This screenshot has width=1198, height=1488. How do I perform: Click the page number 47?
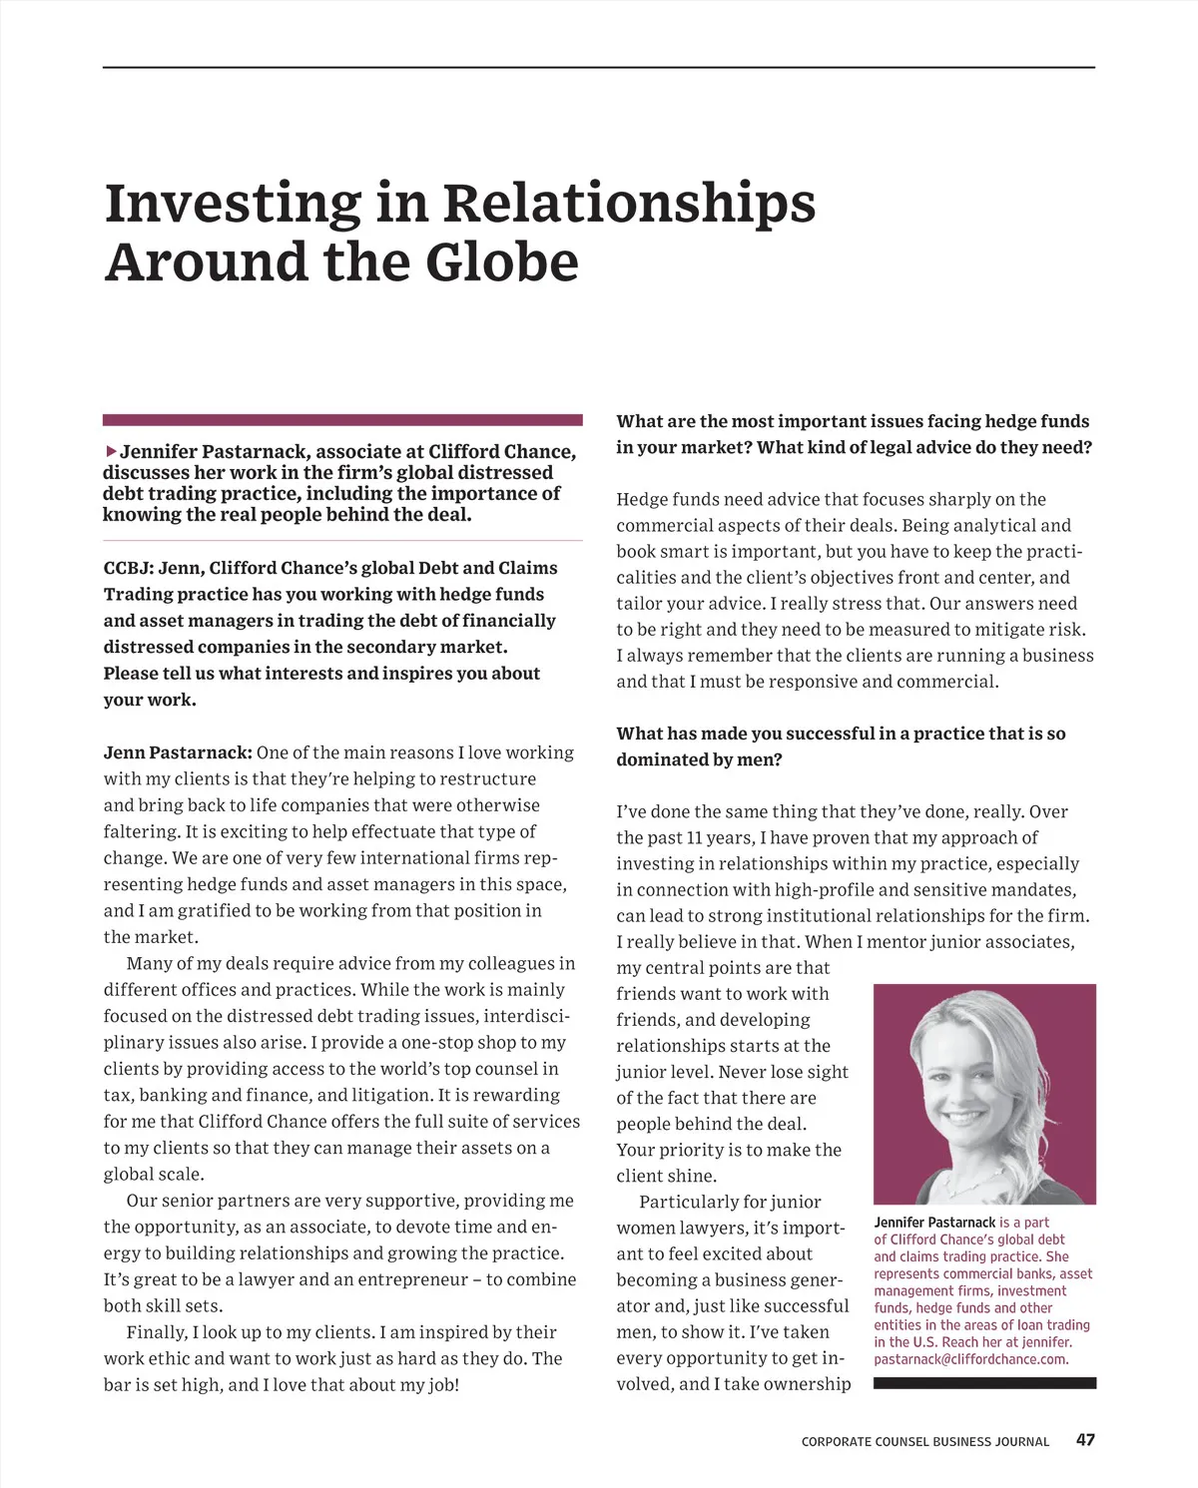[x=1085, y=1440]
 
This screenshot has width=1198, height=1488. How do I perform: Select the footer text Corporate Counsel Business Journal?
[x=924, y=1442]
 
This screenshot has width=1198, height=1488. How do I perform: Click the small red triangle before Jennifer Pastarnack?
[x=110, y=452]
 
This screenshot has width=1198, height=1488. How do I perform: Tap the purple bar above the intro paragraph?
[x=342, y=420]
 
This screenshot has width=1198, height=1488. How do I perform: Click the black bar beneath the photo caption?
[x=984, y=1383]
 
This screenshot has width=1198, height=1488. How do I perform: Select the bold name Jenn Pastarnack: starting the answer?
[x=179, y=752]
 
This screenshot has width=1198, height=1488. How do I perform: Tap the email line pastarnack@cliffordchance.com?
[x=970, y=1359]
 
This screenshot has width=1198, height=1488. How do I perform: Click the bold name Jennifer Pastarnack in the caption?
[x=934, y=1223]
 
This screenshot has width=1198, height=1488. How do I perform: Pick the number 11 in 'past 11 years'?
[x=698, y=838]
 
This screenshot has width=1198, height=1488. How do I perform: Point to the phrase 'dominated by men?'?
[x=699, y=759]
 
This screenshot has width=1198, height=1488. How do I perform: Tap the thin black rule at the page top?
[x=599, y=68]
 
